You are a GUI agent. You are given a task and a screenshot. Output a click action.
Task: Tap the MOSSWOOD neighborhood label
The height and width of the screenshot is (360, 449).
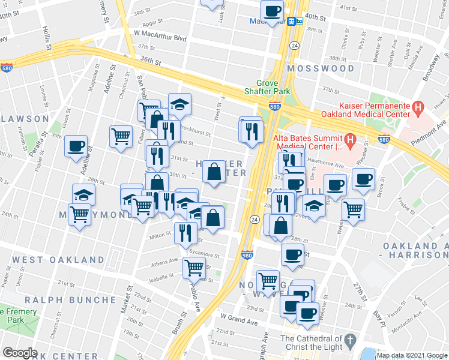click(x=321, y=68)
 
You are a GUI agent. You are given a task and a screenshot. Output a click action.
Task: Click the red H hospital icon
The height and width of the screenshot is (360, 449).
click(x=350, y=139)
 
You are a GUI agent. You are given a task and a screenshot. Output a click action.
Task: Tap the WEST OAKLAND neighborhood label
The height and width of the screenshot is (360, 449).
click(x=58, y=260)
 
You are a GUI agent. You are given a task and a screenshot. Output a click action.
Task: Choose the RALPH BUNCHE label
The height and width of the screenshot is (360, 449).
click(x=71, y=299)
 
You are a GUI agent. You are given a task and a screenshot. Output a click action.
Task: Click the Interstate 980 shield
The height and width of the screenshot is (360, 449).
click(x=247, y=254)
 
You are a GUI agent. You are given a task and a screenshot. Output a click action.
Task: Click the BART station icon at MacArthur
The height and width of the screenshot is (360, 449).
click(x=294, y=21)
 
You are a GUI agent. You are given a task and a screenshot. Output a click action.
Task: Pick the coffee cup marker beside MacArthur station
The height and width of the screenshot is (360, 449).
click(x=272, y=11)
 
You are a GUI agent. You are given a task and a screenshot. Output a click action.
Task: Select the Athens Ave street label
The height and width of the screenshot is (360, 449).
click(x=164, y=261)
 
